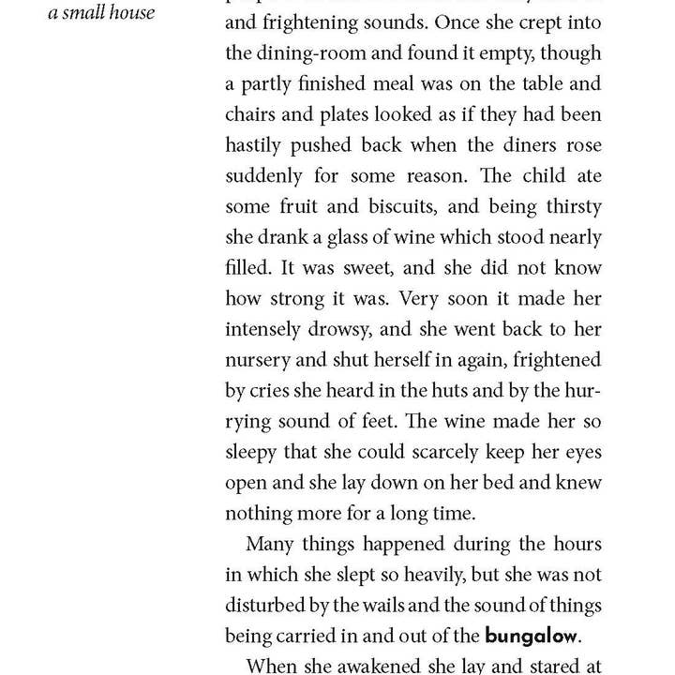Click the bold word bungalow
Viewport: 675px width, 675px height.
pos(531,635)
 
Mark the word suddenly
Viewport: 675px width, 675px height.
pos(264,177)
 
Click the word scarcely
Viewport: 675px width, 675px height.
pos(461,451)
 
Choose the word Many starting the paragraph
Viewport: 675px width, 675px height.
pos(273,544)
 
